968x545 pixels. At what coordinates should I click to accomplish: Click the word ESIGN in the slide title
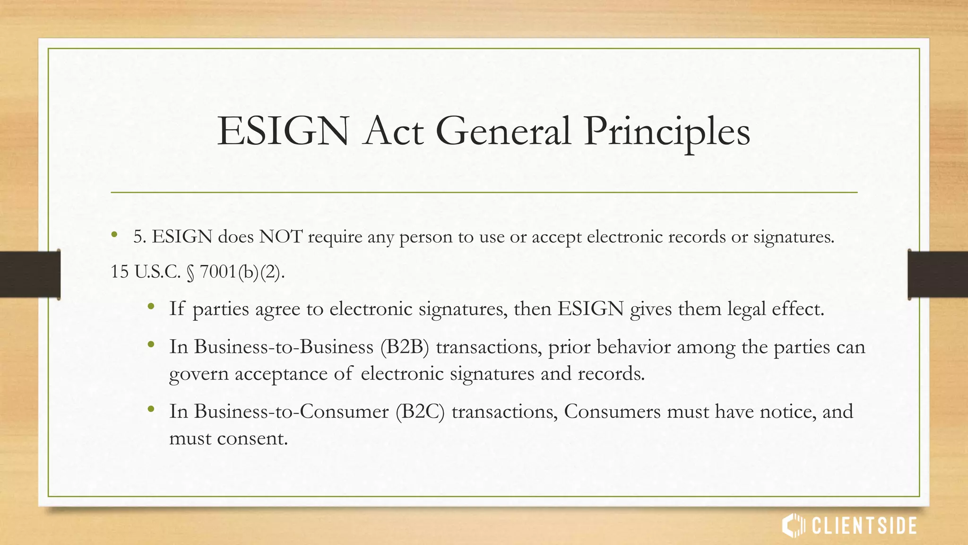(x=283, y=132)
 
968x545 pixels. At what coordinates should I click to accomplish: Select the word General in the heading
(x=503, y=132)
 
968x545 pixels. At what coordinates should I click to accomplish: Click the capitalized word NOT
(x=280, y=237)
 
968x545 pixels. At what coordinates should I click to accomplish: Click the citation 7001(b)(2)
(x=242, y=272)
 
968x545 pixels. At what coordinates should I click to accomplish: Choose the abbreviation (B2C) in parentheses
(x=420, y=412)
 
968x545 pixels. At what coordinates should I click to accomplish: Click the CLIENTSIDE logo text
(x=864, y=526)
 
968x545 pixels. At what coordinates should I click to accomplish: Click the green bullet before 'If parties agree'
(x=151, y=307)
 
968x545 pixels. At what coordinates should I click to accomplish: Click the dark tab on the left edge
(x=30, y=274)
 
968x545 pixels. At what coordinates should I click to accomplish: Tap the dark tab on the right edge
(x=938, y=274)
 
